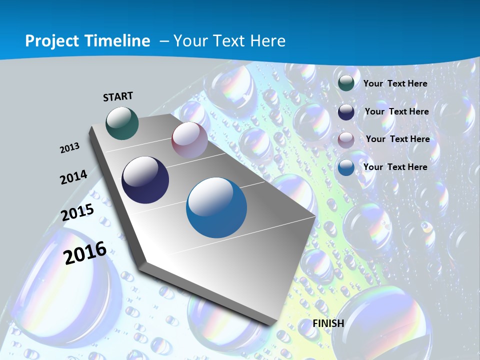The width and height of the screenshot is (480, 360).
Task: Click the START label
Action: tap(118, 96)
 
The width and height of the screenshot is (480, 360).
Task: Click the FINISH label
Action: tap(328, 323)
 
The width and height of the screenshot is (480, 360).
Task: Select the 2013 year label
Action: tap(69, 147)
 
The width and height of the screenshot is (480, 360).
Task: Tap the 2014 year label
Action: tap(73, 177)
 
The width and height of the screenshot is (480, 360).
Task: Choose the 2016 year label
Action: tap(85, 252)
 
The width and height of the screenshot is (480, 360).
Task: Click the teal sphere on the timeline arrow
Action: tap(122, 123)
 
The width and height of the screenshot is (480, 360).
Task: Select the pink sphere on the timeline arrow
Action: tap(189, 139)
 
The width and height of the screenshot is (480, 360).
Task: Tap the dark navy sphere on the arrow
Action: tap(145, 180)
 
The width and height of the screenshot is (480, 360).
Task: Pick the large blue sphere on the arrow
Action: tap(216, 207)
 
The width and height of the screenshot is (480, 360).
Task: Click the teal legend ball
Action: tap(346, 83)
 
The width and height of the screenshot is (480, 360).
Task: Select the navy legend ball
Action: tap(346, 111)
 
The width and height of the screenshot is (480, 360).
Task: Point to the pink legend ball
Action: tap(346, 139)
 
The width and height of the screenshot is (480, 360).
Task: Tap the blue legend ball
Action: tap(346, 167)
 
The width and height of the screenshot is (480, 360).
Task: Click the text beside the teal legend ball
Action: tap(395, 83)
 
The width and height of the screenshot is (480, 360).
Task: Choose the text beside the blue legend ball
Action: tap(395, 167)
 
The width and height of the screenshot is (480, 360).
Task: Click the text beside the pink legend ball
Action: tap(397, 139)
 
